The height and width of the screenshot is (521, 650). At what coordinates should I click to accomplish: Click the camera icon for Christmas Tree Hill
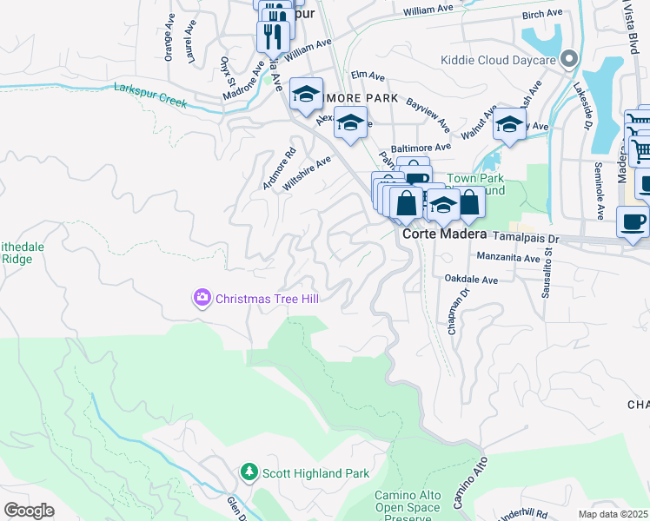tap(202, 299)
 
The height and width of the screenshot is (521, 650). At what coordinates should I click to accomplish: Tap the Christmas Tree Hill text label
tap(267, 299)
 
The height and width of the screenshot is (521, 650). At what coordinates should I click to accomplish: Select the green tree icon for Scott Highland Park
tap(249, 472)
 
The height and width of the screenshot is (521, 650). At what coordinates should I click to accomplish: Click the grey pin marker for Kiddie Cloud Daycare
tap(569, 59)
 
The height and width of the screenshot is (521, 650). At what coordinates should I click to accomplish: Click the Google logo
tap(29, 510)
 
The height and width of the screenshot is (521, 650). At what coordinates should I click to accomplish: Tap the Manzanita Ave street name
tap(510, 257)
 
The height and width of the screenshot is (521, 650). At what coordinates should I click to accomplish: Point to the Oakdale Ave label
tap(470, 280)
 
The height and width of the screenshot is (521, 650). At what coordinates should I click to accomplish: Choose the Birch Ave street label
tap(544, 14)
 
